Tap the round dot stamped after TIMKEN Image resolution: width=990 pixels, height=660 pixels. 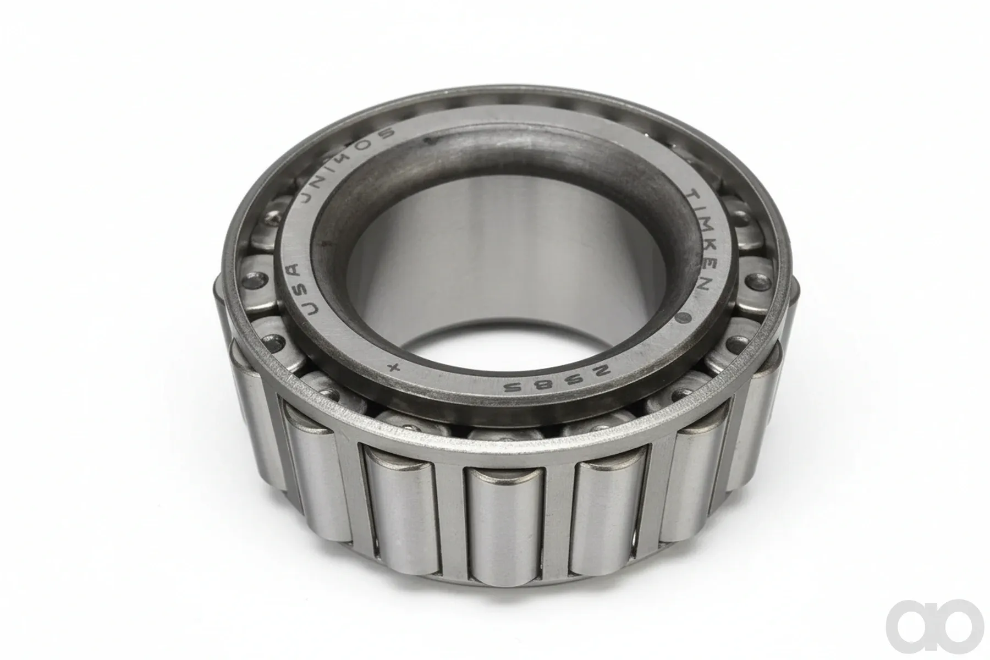[685, 317]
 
